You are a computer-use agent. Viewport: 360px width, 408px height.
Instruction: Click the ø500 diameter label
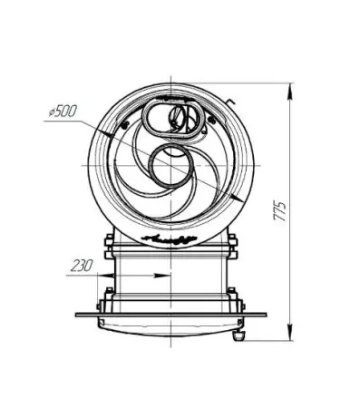click(x=63, y=111)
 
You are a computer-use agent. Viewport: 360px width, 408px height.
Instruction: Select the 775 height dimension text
click(x=279, y=210)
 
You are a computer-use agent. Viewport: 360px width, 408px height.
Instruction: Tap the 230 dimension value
click(x=82, y=266)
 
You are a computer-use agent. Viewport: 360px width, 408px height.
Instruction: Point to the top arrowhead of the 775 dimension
click(x=290, y=91)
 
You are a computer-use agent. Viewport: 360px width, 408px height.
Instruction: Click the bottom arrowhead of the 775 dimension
click(x=290, y=333)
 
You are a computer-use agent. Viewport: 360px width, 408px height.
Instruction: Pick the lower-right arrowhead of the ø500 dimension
click(x=238, y=199)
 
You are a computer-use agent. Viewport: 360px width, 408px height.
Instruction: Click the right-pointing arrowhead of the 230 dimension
click(x=162, y=276)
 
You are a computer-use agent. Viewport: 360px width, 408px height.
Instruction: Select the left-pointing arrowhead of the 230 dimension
click(x=106, y=276)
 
